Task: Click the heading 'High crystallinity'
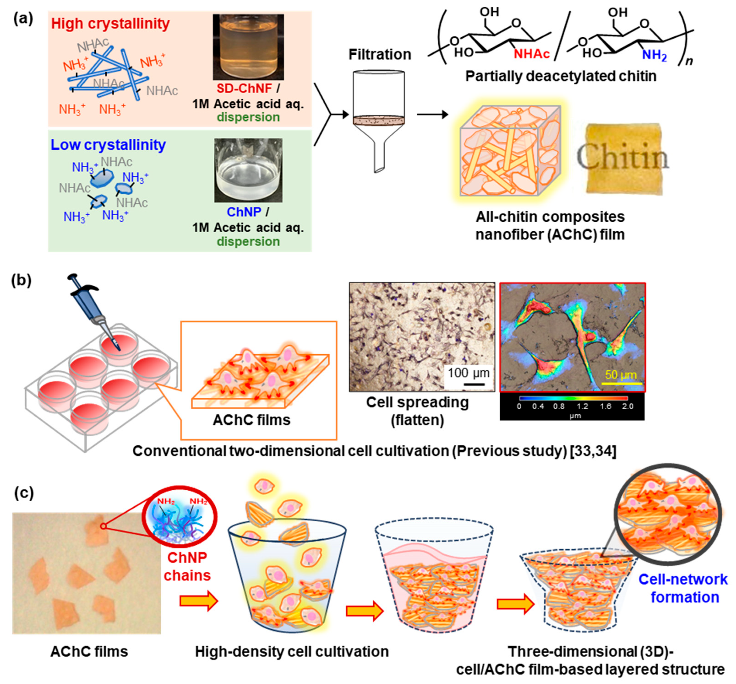pyautogui.click(x=110, y=24)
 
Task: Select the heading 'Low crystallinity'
pyautogui.click(x=108, y=145)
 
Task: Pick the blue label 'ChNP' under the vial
pyautogui.click(x=244, y=212)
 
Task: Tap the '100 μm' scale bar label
pyautogui.click(x=468, y=373)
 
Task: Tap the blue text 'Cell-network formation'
pyautogui.click(x=683, y=588)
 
